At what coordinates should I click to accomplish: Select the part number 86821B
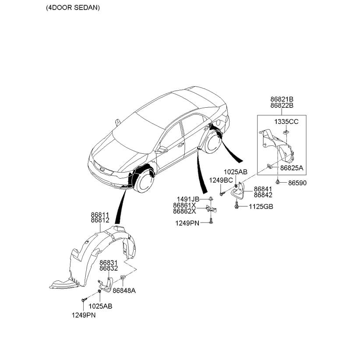click(281, 99)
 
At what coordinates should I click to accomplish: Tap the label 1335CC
click(286, 121)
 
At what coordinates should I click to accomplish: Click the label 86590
click(297, 183)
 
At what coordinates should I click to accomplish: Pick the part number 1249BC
click(221, 180)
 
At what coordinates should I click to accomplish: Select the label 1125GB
click(261, 206)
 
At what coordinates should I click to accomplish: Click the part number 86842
click(263, 195)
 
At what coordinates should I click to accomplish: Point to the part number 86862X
click(184, 211)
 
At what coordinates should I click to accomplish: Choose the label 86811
click(100, 215)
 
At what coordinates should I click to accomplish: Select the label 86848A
click(124, 290)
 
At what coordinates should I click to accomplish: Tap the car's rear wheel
click(214, 141)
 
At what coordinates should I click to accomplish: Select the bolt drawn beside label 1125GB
click(237, 205)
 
